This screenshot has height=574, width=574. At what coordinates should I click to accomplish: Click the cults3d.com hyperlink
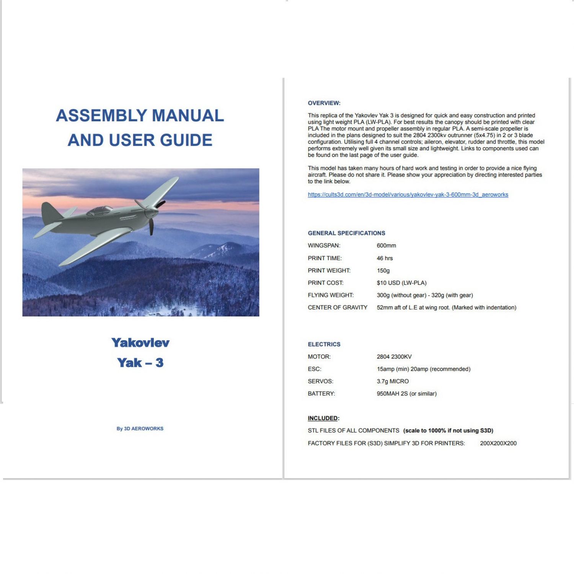pyautogui.click(x=408, y=194)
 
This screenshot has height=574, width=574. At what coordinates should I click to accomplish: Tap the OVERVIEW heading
pyautogui.click(x=324, y=103)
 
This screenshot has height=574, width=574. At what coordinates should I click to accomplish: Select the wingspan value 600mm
pyautogui.click(x=386, y=245)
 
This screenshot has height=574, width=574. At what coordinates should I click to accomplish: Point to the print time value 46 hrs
pyautogui.click(x=385, y=258)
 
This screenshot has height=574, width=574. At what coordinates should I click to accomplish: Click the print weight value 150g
pyautogui.click(x=383, y=271)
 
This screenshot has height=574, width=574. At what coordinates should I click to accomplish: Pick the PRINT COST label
pyautogui.click(x=325, y=283)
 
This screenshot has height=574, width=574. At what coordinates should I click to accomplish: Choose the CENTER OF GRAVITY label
pyautogui.click(x=337, y=307)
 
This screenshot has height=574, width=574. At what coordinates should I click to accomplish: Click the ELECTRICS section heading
pyautogui.click(x=324, y=344)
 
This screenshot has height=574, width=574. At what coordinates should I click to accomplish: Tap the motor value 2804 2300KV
pyautogui.click(x=394, y=357)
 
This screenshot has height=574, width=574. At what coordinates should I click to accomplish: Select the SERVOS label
pyautogui.click(x=320, y=381)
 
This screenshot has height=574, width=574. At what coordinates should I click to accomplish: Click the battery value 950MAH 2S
pyautogui.click(x=406, y=393)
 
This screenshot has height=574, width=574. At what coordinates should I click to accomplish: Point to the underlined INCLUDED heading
pyautogui.click(x=323, y=418)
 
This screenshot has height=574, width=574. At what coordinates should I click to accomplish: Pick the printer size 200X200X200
pyautogui.click(x=498, y=443)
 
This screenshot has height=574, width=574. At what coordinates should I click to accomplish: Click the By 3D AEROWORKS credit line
pyautogui.click(x=140, y=429)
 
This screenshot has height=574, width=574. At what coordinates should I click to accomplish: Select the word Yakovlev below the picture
pyautogui.click(x=140, y=342)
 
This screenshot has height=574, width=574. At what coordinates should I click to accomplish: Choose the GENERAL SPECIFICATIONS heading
pyautogui.click(x=346, y=233)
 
